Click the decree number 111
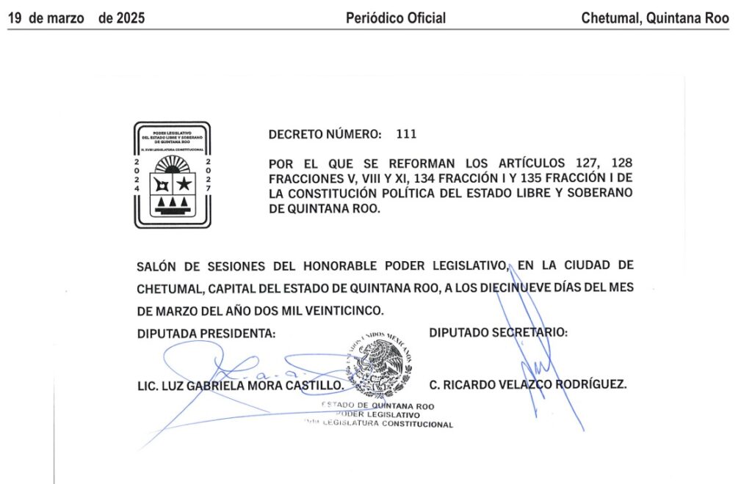tap(406, 134)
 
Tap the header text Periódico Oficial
tap(396, 18)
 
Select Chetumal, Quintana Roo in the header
tap(655, 18)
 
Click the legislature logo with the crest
tap(172, 175)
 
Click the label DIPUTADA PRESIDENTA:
tap(206, 334)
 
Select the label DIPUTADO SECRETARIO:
tap(498, 332)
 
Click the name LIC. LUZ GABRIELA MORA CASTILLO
tap(240, 385)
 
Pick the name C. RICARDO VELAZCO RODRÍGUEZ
tap(527, 384)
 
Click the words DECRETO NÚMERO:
tap(325, 134)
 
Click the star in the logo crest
tap(184, 183)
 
